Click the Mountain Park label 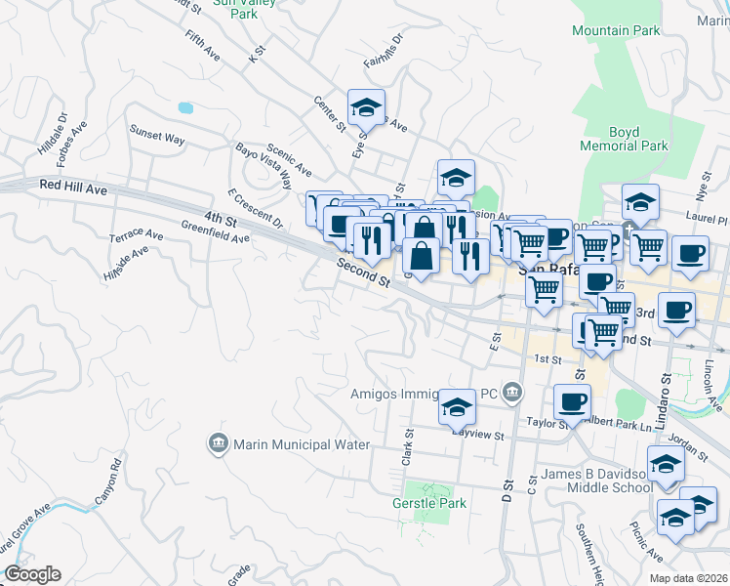(x=614, y=31)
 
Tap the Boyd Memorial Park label (x=624, y=139)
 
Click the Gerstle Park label (x=430, y=503)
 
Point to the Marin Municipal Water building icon (x=218, y=444)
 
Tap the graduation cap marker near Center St (x=366, y=107)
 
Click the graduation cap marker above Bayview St (x=457, y=407)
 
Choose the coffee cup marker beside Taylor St (x=572, y=401)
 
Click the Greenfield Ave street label (x=215, y=231)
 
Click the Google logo (x=32, y=574)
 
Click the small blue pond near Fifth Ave (x=184, y=106)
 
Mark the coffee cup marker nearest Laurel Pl (x=690, y=255)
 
